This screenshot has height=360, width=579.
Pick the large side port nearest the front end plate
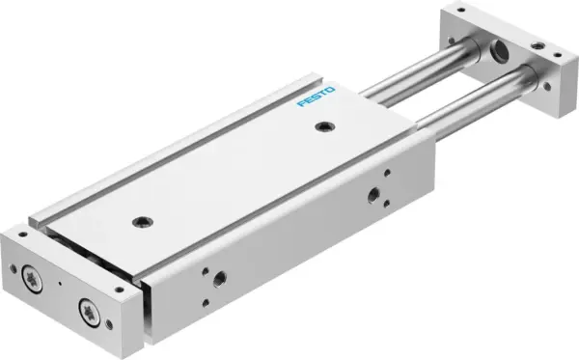pos(220,278)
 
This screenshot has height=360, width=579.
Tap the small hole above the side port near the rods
pos(387,175)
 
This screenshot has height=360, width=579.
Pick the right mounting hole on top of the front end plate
pos(119,288)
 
